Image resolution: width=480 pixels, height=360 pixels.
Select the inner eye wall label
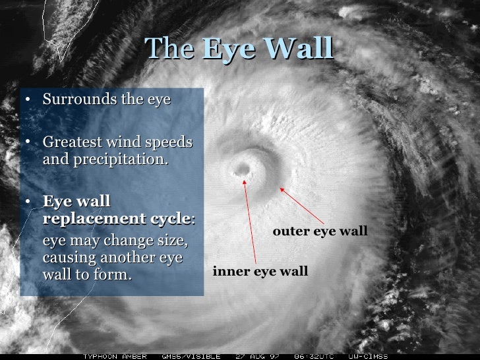pyautogui.click(x=260, y=271)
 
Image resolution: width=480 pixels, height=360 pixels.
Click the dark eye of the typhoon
pyautogui.click(x=242, y=170)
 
